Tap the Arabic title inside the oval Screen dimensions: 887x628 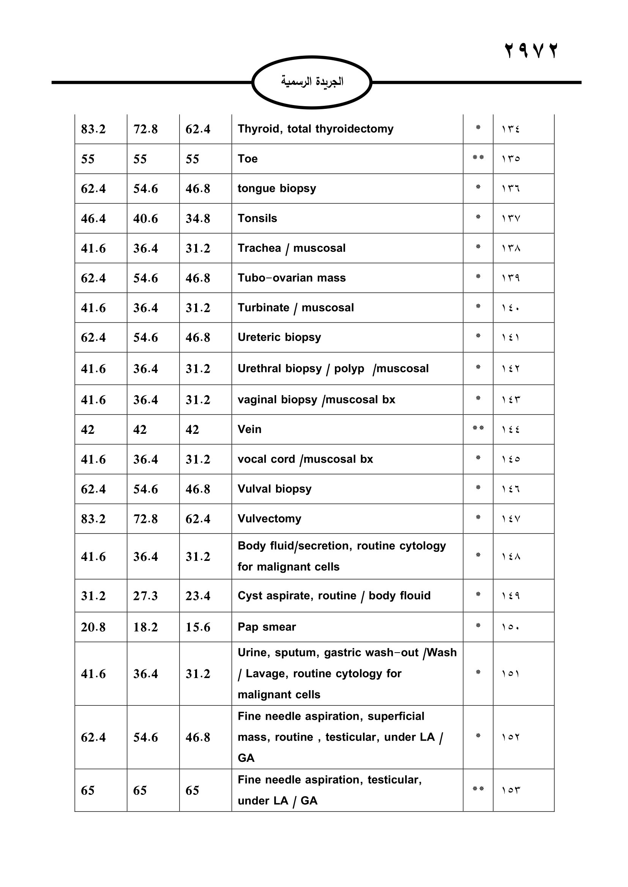[x=312, y=82]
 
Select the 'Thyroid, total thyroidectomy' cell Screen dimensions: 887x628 [x=315, y=129]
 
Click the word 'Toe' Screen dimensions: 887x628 [x=248, y=159]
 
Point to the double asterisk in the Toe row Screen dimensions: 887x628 [x=478, y=158]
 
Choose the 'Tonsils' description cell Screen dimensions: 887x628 [x=257, y=218]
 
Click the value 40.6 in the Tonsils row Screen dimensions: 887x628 [x=145, y=219]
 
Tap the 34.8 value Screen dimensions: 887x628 [x=197, y=219]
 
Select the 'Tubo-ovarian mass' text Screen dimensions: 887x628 [x=292, y=278]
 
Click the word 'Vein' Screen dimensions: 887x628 [x=249, y=429]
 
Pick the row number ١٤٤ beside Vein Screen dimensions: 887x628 [x=510, y=429]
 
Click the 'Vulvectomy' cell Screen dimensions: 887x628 [x=269, y=518]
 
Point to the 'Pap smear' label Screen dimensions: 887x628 [x=267, y=626]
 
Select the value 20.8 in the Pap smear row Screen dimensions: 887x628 [x=93, y=627]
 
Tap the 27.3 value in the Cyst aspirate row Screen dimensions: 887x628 [x=145, y=596]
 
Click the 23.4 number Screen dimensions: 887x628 [x=197, y=596]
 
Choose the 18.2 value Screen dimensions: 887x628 [x=145, y=627]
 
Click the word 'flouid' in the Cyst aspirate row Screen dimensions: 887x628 [x=415, y=595]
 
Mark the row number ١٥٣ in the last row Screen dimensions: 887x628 [x=510, y=790]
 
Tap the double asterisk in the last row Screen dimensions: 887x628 [x=478, y=789]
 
